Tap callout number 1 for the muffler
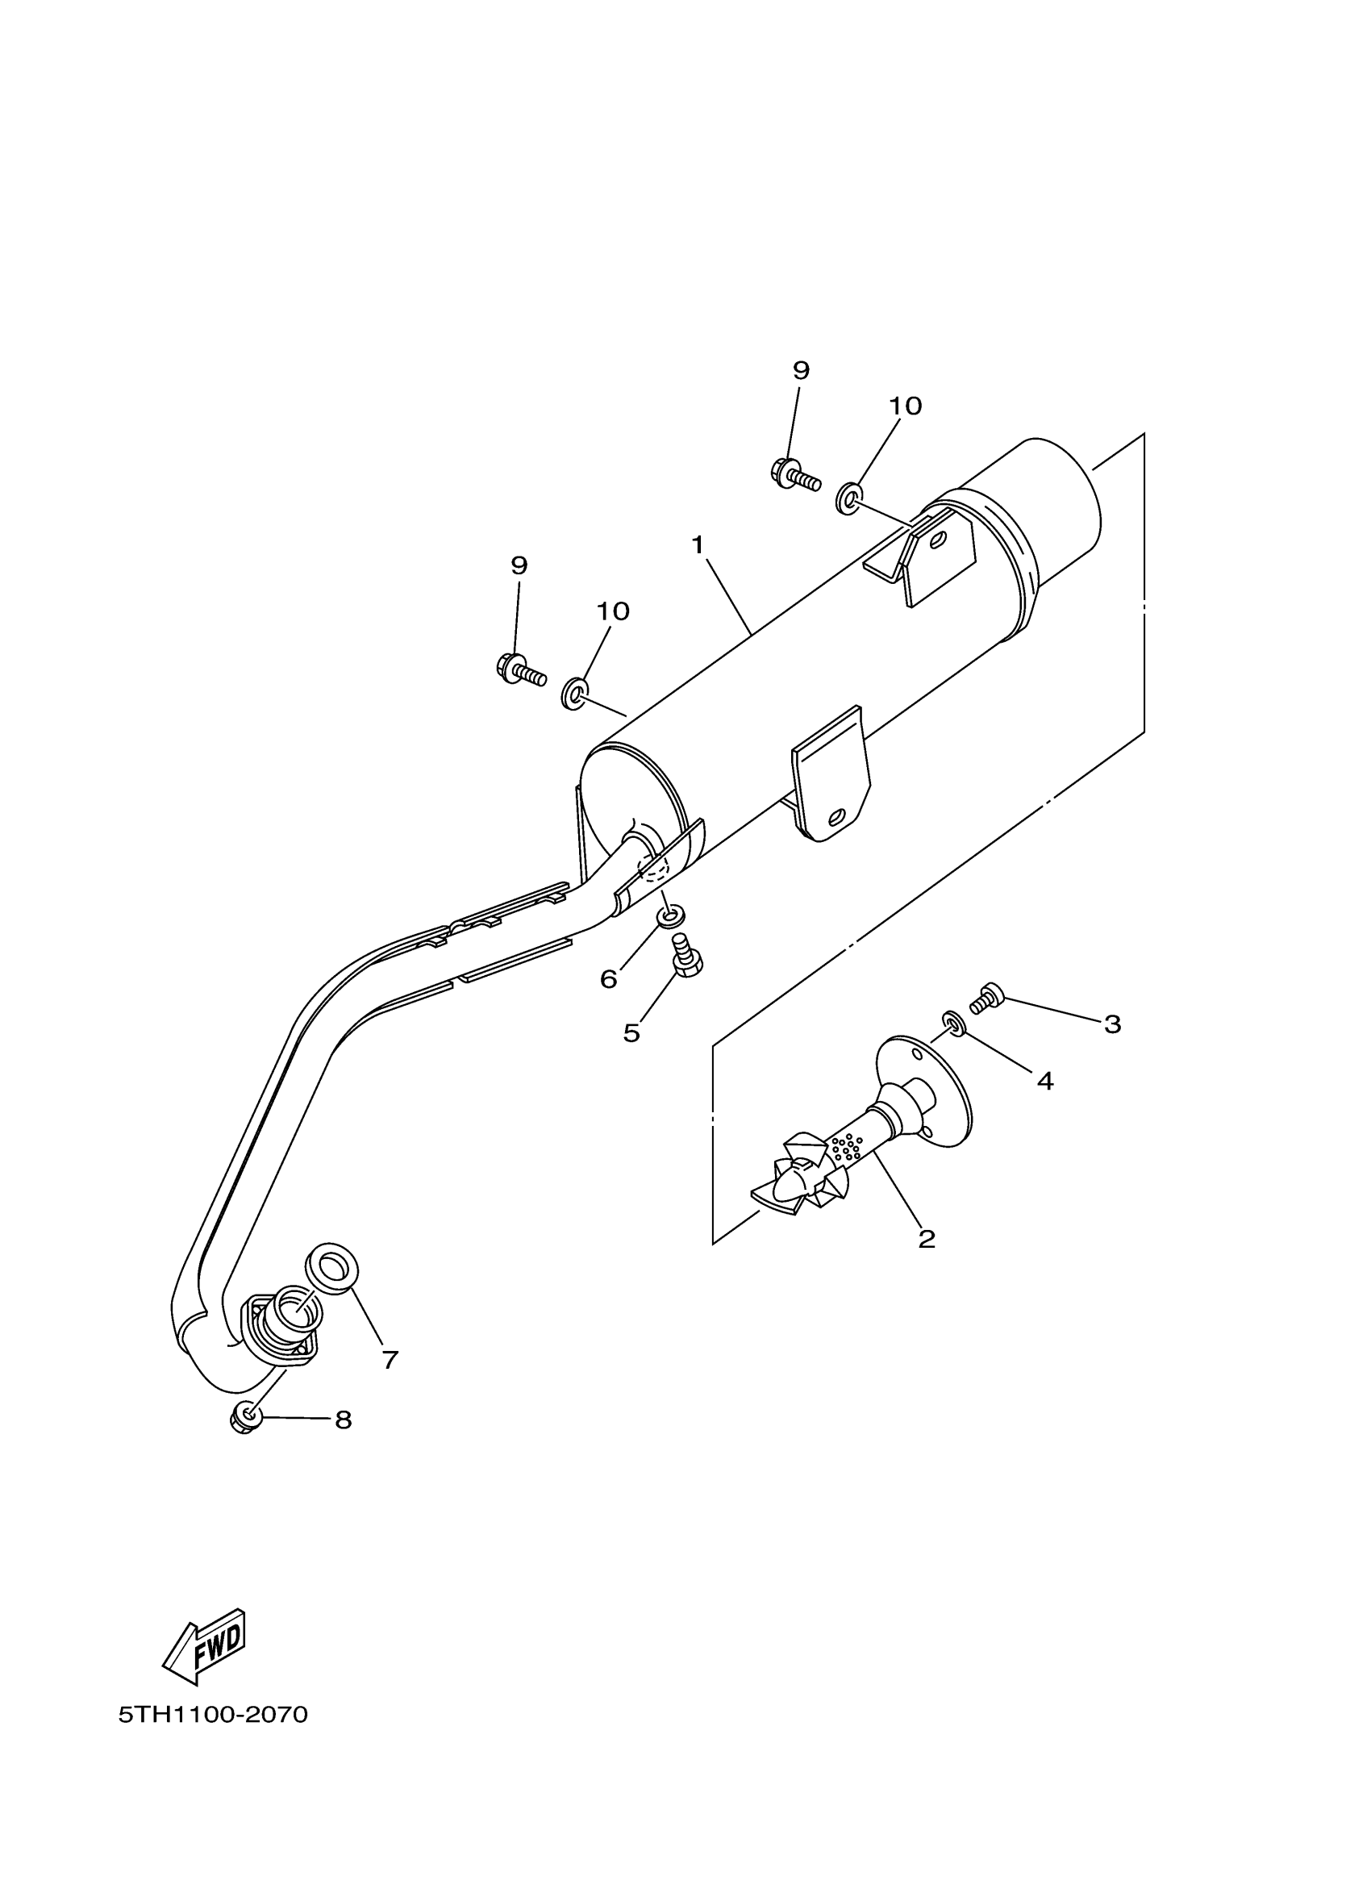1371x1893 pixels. click(x=698, y=545)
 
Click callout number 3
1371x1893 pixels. click(x=1112, y=1024)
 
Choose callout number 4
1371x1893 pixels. click(x=1044, y=1082)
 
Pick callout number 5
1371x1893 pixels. click(x=631, y=1033)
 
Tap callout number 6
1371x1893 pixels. click(x=608, y=980)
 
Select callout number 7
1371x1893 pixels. click(x=390, y=1360)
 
